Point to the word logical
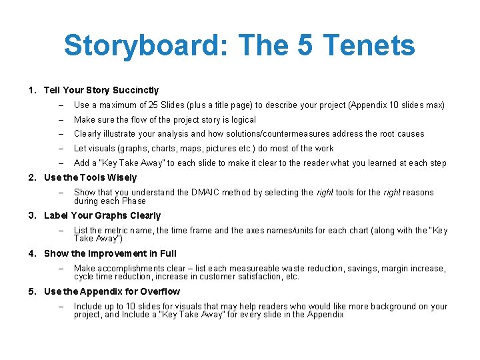(x=241, y=120)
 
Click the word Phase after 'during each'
(x=133, y=201)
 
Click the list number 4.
(x=31, y=254)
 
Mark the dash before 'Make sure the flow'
(x=60, y=120)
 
